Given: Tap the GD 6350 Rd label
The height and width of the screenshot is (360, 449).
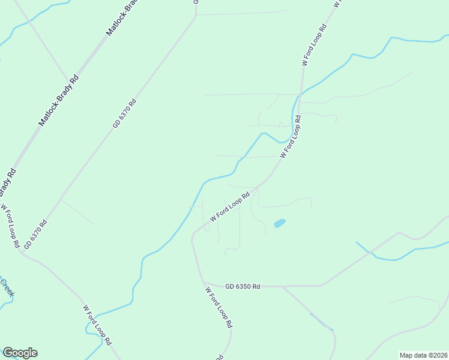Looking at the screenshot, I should click(243, 287).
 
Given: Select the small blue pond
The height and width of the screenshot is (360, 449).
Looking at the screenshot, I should click(280, 224).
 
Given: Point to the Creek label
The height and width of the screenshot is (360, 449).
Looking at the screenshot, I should click(7, 290).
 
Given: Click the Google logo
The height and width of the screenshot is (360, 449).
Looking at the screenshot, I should click(20, 353).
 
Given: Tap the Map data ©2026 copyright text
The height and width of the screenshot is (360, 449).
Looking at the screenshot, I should click(423, 355).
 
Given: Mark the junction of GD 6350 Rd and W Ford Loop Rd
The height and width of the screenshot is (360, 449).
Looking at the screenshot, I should click(203, 281).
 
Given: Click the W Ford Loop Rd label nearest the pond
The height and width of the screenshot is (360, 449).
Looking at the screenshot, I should click(229, 206).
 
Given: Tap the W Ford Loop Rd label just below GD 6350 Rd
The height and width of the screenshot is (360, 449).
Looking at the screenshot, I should click(218, 307).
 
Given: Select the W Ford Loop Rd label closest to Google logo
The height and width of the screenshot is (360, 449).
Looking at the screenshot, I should click(97, 325).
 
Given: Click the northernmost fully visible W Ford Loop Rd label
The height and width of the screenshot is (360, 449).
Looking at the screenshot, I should click(314, 45).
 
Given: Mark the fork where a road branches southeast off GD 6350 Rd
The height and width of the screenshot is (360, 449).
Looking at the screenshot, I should click(282, 287).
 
